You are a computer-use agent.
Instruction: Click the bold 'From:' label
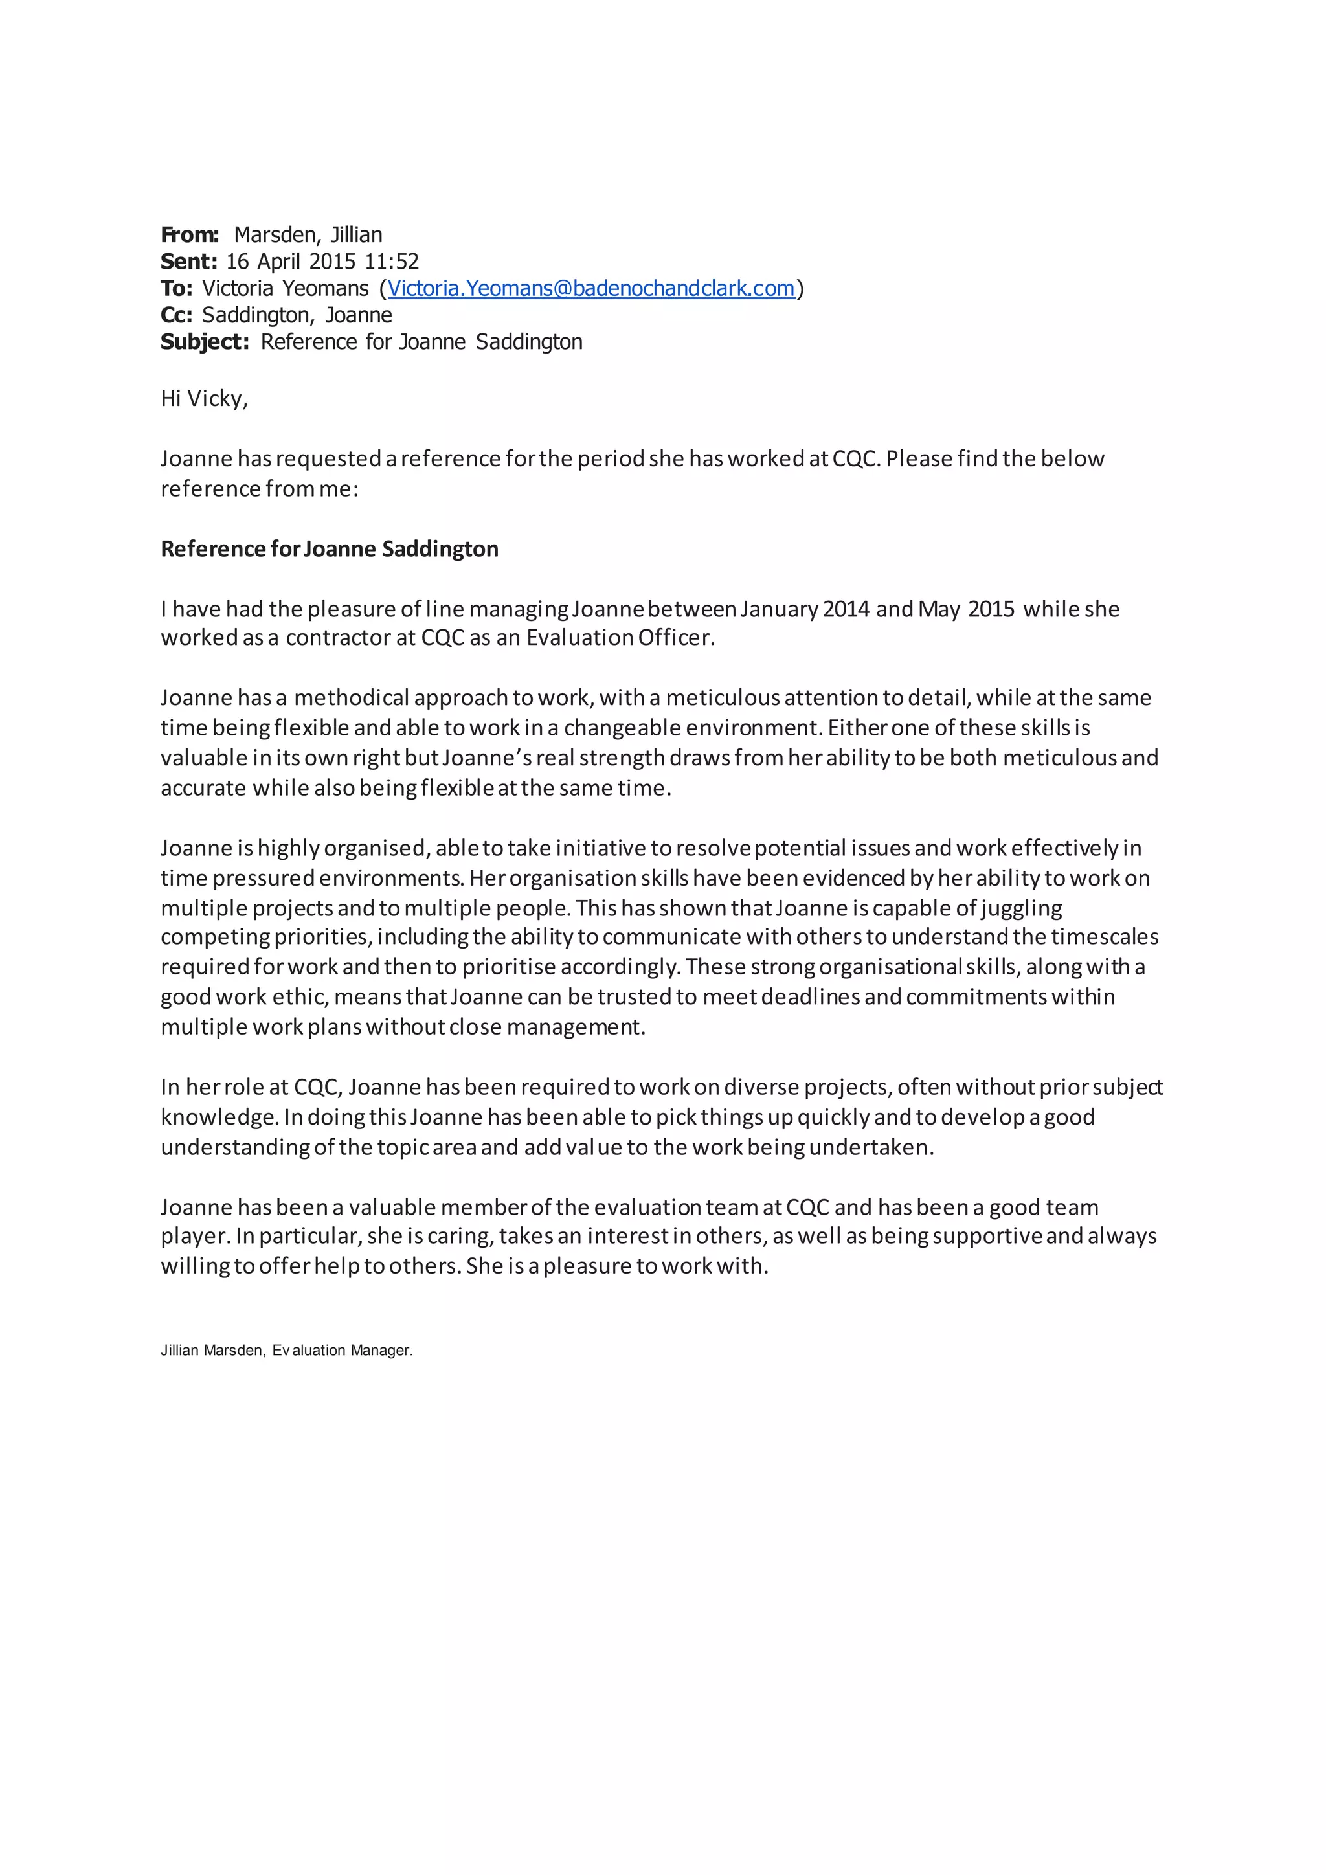click(x=190, y=235)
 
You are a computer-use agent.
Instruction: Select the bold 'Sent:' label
click(x=188, y=262)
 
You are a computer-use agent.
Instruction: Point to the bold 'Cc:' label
click(x=176, y=315)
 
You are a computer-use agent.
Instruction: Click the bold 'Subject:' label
click(x=204, y=342)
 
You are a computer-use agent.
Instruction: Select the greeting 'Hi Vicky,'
click(x=204, y=399)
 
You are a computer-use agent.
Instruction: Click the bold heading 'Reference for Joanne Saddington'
click(x=329, y=549)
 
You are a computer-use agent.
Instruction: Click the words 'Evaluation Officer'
click(x=620, y=638)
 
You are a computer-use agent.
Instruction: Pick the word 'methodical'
click(x=351, y=698)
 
